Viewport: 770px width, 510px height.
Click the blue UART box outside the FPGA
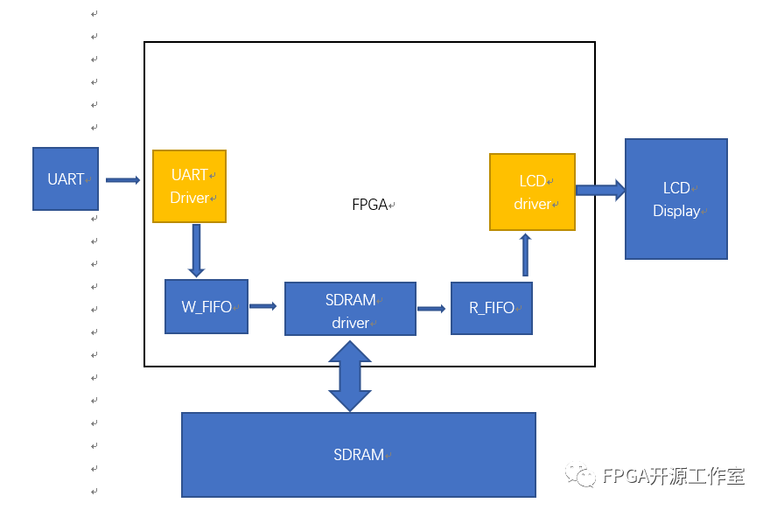pyautogui.click(x=66, y=178)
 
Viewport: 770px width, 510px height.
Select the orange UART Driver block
pyautogui.click(x=190, y=186)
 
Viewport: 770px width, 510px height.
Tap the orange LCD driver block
pyautogui.click(x=532, y=192)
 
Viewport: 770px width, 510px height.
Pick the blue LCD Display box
pyautogui.click(x=675, y=199)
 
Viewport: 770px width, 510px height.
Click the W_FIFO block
pyautogui.click(x=206, y=306)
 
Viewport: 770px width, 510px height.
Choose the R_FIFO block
pyautogui.click(x=491, y=307)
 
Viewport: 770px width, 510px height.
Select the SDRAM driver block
pyautogui.click(x=350, y=309)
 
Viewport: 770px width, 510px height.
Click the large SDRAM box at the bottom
pyautogui.click(x=358, y=455)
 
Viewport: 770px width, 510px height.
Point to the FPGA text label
pyautogui.click(x=370, y=205)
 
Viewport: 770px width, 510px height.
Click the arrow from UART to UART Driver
pyautogui.click(x=122, y=180)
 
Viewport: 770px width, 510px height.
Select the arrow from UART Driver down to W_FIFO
pyautogui.click(x=196, y=250)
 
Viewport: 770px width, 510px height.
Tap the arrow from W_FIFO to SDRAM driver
pyautogui.click(x=262, y=306)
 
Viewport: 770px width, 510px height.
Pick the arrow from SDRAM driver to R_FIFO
pyautogui.click(x=430, y=308)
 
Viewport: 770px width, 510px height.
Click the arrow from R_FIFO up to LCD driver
pyautogui.click(x=525, y=255)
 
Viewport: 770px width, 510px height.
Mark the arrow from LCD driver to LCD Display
pyautogui.click(x=600, y=190)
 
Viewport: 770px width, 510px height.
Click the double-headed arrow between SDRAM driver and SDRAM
pyautogui.click(x=350, y=374)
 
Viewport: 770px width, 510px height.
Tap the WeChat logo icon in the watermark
pyautogui.click(x=581, y=476)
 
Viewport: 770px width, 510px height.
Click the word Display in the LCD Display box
pyautogui.click(x=676, y=211)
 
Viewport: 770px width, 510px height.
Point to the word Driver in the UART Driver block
pyautogui.click(x=189, y=198)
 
